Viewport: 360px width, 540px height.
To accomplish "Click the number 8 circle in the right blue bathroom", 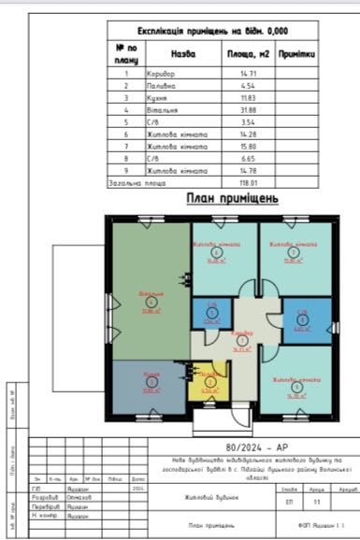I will pos(301,318).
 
